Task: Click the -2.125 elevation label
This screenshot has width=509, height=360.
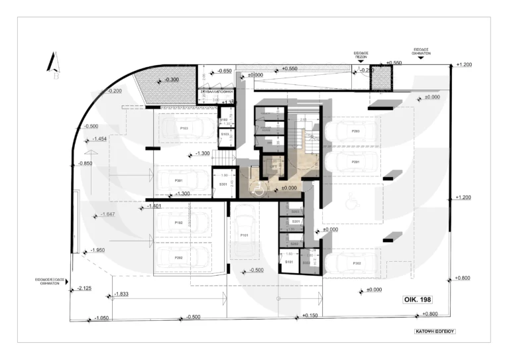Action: [x=84, y=288]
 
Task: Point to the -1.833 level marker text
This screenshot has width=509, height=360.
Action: [x=121, y=294]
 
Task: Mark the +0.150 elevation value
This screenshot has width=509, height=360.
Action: [x=310, y=316]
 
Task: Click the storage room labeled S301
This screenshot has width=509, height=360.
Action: [x=223, y=184]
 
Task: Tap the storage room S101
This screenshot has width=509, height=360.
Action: [x=289, y=263]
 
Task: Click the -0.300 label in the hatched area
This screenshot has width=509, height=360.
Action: [x=172, y=80]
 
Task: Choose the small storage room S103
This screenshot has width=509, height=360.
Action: [x=225, y=134]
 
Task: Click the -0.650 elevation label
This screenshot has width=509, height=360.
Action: [x=225, y=71]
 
